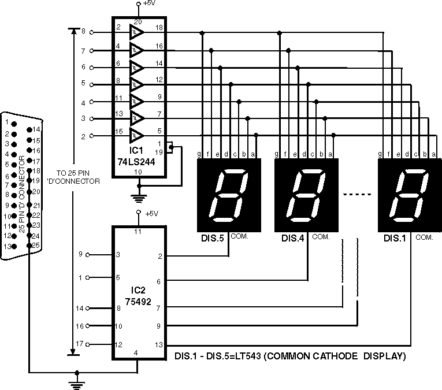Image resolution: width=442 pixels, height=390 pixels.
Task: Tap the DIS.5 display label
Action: point(212,238)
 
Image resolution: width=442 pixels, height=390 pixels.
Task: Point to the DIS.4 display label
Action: point(293,238)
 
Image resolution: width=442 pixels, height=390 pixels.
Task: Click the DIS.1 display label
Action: point(395,238)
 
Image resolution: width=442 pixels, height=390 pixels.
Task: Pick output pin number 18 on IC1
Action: point(159,27)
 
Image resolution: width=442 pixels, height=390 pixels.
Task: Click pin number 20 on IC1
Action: point(138,21)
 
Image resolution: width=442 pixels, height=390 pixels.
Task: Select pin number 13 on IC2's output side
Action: point(158,345)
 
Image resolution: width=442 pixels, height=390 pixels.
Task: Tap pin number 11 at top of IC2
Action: point(138,232)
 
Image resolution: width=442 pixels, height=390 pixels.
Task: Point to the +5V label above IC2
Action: point(151,213)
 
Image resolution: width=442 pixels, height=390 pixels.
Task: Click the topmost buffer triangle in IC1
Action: point(137,31)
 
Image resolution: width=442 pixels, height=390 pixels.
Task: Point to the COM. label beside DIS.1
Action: point(424,237)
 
